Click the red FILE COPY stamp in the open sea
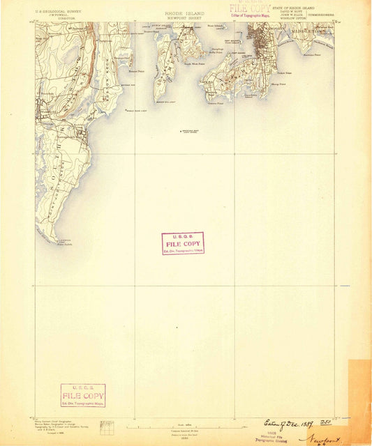(183, 243)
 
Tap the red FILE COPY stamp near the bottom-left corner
(83, 395)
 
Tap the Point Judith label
(45, 243)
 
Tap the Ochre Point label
(283, 72)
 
